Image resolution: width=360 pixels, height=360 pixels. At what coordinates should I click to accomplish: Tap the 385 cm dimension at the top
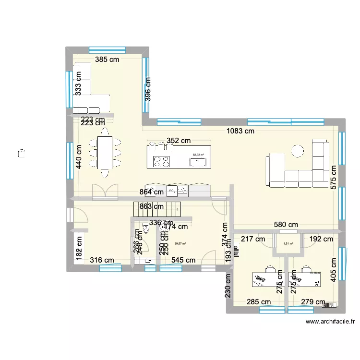click(107, 60)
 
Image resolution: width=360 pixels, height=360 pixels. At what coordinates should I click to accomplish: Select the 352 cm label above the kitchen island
click(179, 141)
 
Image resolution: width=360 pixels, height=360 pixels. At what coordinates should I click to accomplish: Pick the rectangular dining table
click(104, 153)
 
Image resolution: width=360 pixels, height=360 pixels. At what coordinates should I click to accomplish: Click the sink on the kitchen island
click(197, 162)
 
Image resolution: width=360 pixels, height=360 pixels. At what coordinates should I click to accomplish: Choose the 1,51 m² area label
click(288, 243)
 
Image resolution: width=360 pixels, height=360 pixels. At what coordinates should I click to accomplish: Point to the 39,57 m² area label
click(180, 243)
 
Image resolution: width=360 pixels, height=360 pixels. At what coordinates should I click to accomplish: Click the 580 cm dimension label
click(286, 224)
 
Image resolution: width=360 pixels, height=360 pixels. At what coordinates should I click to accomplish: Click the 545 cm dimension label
click(183, 261)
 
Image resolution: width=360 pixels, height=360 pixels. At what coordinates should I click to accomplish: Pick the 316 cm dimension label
click(102, 261)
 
